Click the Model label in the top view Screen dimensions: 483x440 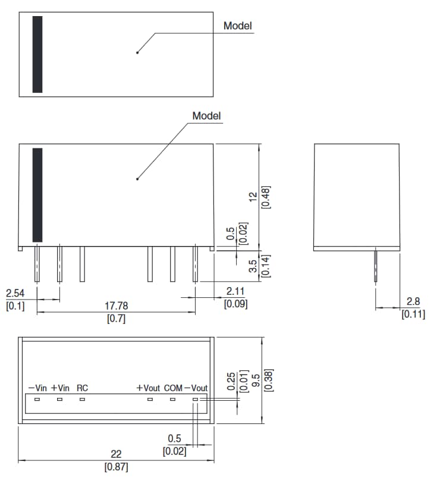[237, 26]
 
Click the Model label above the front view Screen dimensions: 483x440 [206, 116]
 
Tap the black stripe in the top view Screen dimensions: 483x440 [37, 54]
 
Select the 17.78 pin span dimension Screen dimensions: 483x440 [116, 306]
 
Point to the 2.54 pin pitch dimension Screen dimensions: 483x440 [15, 294]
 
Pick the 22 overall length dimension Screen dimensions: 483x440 [116, 454]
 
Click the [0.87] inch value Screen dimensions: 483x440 [116, 467]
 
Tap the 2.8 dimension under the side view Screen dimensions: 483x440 [413, 302]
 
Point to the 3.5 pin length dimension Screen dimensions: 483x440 [253, 266]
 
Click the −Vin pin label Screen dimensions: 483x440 [37, 388]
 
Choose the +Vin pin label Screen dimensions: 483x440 [60, 388]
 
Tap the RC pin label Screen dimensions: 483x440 [82, 388]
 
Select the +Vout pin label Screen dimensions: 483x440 [148, 388]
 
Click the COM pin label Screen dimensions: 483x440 [173, 388]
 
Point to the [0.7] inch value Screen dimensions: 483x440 [116, 319]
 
